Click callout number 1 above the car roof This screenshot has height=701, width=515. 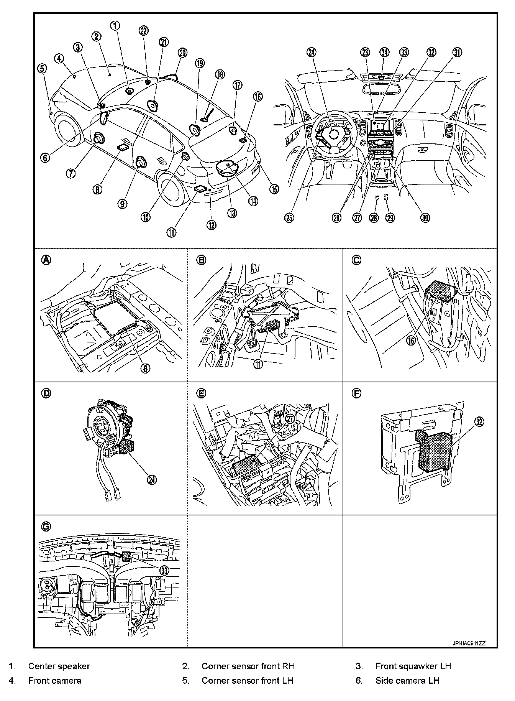115,26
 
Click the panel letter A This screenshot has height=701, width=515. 46,260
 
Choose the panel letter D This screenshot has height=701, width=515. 46,393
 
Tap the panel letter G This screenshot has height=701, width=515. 46,527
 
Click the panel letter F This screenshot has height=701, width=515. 356,393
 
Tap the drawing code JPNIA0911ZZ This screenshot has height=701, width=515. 468,643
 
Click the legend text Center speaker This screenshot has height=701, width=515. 59,666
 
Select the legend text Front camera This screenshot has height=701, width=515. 54,681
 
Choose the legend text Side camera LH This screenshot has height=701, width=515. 407,681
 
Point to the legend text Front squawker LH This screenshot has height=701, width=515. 413,666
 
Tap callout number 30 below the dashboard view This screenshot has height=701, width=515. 425,218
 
